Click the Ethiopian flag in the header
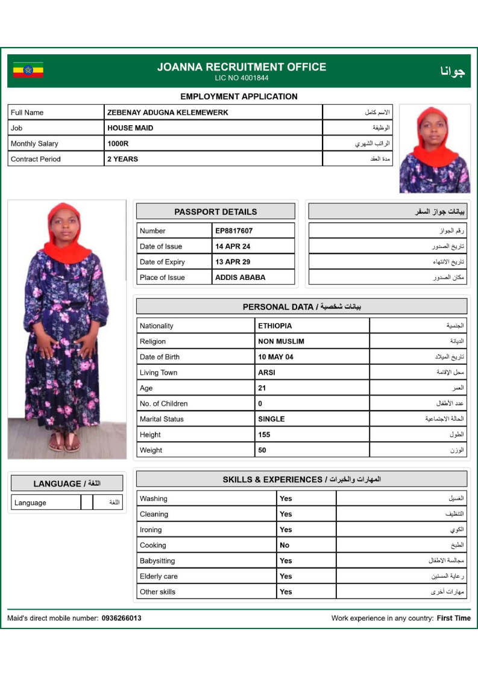(28, 70)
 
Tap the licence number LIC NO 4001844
(241, 78)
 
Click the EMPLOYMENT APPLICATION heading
(239, 96)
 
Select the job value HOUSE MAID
(130, 128)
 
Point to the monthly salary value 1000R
(118, 143)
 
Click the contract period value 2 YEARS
(122, 159)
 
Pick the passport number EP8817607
(234, 231)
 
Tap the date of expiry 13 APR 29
(233, 262)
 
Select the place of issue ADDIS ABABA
(240, 278)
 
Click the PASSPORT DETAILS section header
(215, 212)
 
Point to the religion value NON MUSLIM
(281, 341)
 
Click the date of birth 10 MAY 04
(275, 357)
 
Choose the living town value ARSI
(266, 373)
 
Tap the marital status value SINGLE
(271, 419)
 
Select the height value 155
(264, 435)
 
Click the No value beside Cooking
(285, 545)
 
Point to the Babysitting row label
(157, 560)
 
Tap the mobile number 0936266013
(122, 618)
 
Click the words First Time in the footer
(454, 618)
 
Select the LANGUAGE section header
(66, 483)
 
